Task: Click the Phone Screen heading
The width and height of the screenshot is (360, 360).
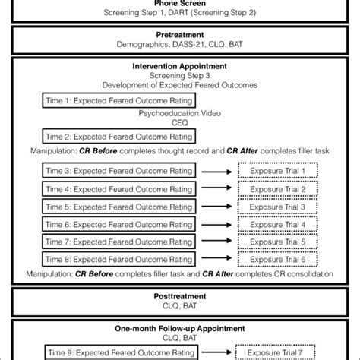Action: coord(179,2)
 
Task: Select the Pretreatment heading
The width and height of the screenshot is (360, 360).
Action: coord(179,35)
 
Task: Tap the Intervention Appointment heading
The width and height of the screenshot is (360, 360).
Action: coord(179,65)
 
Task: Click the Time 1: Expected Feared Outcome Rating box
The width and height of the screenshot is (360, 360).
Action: coord(120,100)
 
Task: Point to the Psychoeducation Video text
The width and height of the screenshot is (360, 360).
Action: coord(179,114)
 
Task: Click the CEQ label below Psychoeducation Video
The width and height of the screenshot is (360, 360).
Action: coord(179,124)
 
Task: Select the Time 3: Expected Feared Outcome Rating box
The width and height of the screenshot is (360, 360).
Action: coord(120,172)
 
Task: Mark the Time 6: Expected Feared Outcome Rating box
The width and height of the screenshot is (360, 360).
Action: coord(120,224)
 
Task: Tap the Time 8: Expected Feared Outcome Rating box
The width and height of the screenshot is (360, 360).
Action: coord(120,259)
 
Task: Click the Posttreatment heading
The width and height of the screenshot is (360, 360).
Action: coord(179,298)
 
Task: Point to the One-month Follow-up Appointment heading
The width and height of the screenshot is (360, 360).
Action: coord(179,329)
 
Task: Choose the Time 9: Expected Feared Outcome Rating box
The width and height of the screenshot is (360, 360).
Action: coord(120,352)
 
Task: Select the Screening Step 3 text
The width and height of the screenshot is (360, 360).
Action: coord(179,74)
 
